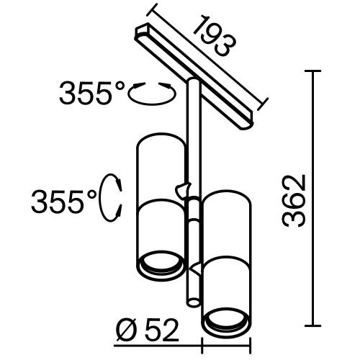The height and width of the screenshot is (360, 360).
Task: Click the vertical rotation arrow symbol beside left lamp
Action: pos(113,197)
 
